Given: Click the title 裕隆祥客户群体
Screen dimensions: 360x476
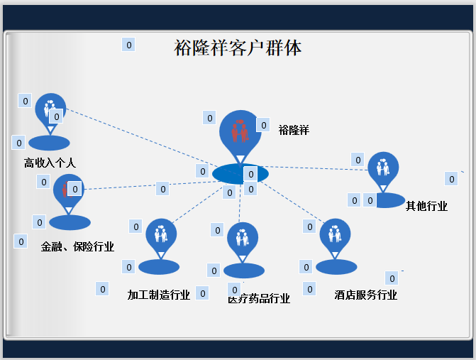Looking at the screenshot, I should point(238,48).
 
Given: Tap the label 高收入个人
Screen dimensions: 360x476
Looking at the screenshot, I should point(50,163).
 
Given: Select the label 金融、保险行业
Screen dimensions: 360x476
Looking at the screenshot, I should point(77,247).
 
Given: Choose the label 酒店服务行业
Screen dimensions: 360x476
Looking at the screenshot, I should point(366,295).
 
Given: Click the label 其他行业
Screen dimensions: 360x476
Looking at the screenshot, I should point(426,207).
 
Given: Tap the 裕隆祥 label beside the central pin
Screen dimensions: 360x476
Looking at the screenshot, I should point(294,130).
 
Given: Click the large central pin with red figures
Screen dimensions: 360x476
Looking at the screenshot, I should point(240,132).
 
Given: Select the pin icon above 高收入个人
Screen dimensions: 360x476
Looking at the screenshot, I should point(50,110).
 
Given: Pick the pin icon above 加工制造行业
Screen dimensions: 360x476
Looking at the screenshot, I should point(161,234).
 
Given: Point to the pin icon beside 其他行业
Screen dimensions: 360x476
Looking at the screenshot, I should point(383,168).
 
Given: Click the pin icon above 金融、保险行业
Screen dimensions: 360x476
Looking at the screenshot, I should point(69,190).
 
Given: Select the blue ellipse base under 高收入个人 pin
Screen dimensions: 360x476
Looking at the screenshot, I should point(49,143).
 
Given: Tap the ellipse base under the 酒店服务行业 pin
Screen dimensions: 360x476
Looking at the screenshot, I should point(336,267).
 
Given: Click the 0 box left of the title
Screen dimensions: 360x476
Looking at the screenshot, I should point(128,45).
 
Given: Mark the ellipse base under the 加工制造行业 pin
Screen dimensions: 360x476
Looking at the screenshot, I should point(159,267).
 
